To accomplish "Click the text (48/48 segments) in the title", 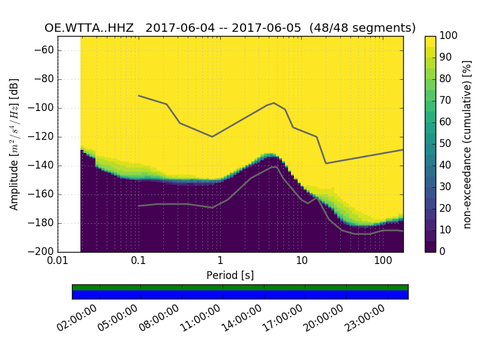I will pyautogui.click(x=362, y=28).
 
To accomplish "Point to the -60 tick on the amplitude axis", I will pyautogui.click(x=43, y=50).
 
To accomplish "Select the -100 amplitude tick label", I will pyautogui.click(x=41, y=108).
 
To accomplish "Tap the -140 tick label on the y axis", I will pyautogui.click(x=41, y=166).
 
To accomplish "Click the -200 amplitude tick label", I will pyautogui.click(x=41, y=251).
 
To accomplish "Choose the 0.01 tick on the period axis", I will pyautogui.click(x=58, y=262).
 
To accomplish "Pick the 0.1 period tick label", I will pyautogui.click(x=139, y=262).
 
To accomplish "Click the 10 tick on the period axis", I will pyautogui.click(x=301, y=262).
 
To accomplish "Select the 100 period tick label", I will pyautogui.click(x=383, y=262).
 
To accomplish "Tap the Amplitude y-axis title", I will pyautogui.click(x=14, y=144).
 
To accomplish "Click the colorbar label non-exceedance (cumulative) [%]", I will pyautogui.click(x=467, y=144).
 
